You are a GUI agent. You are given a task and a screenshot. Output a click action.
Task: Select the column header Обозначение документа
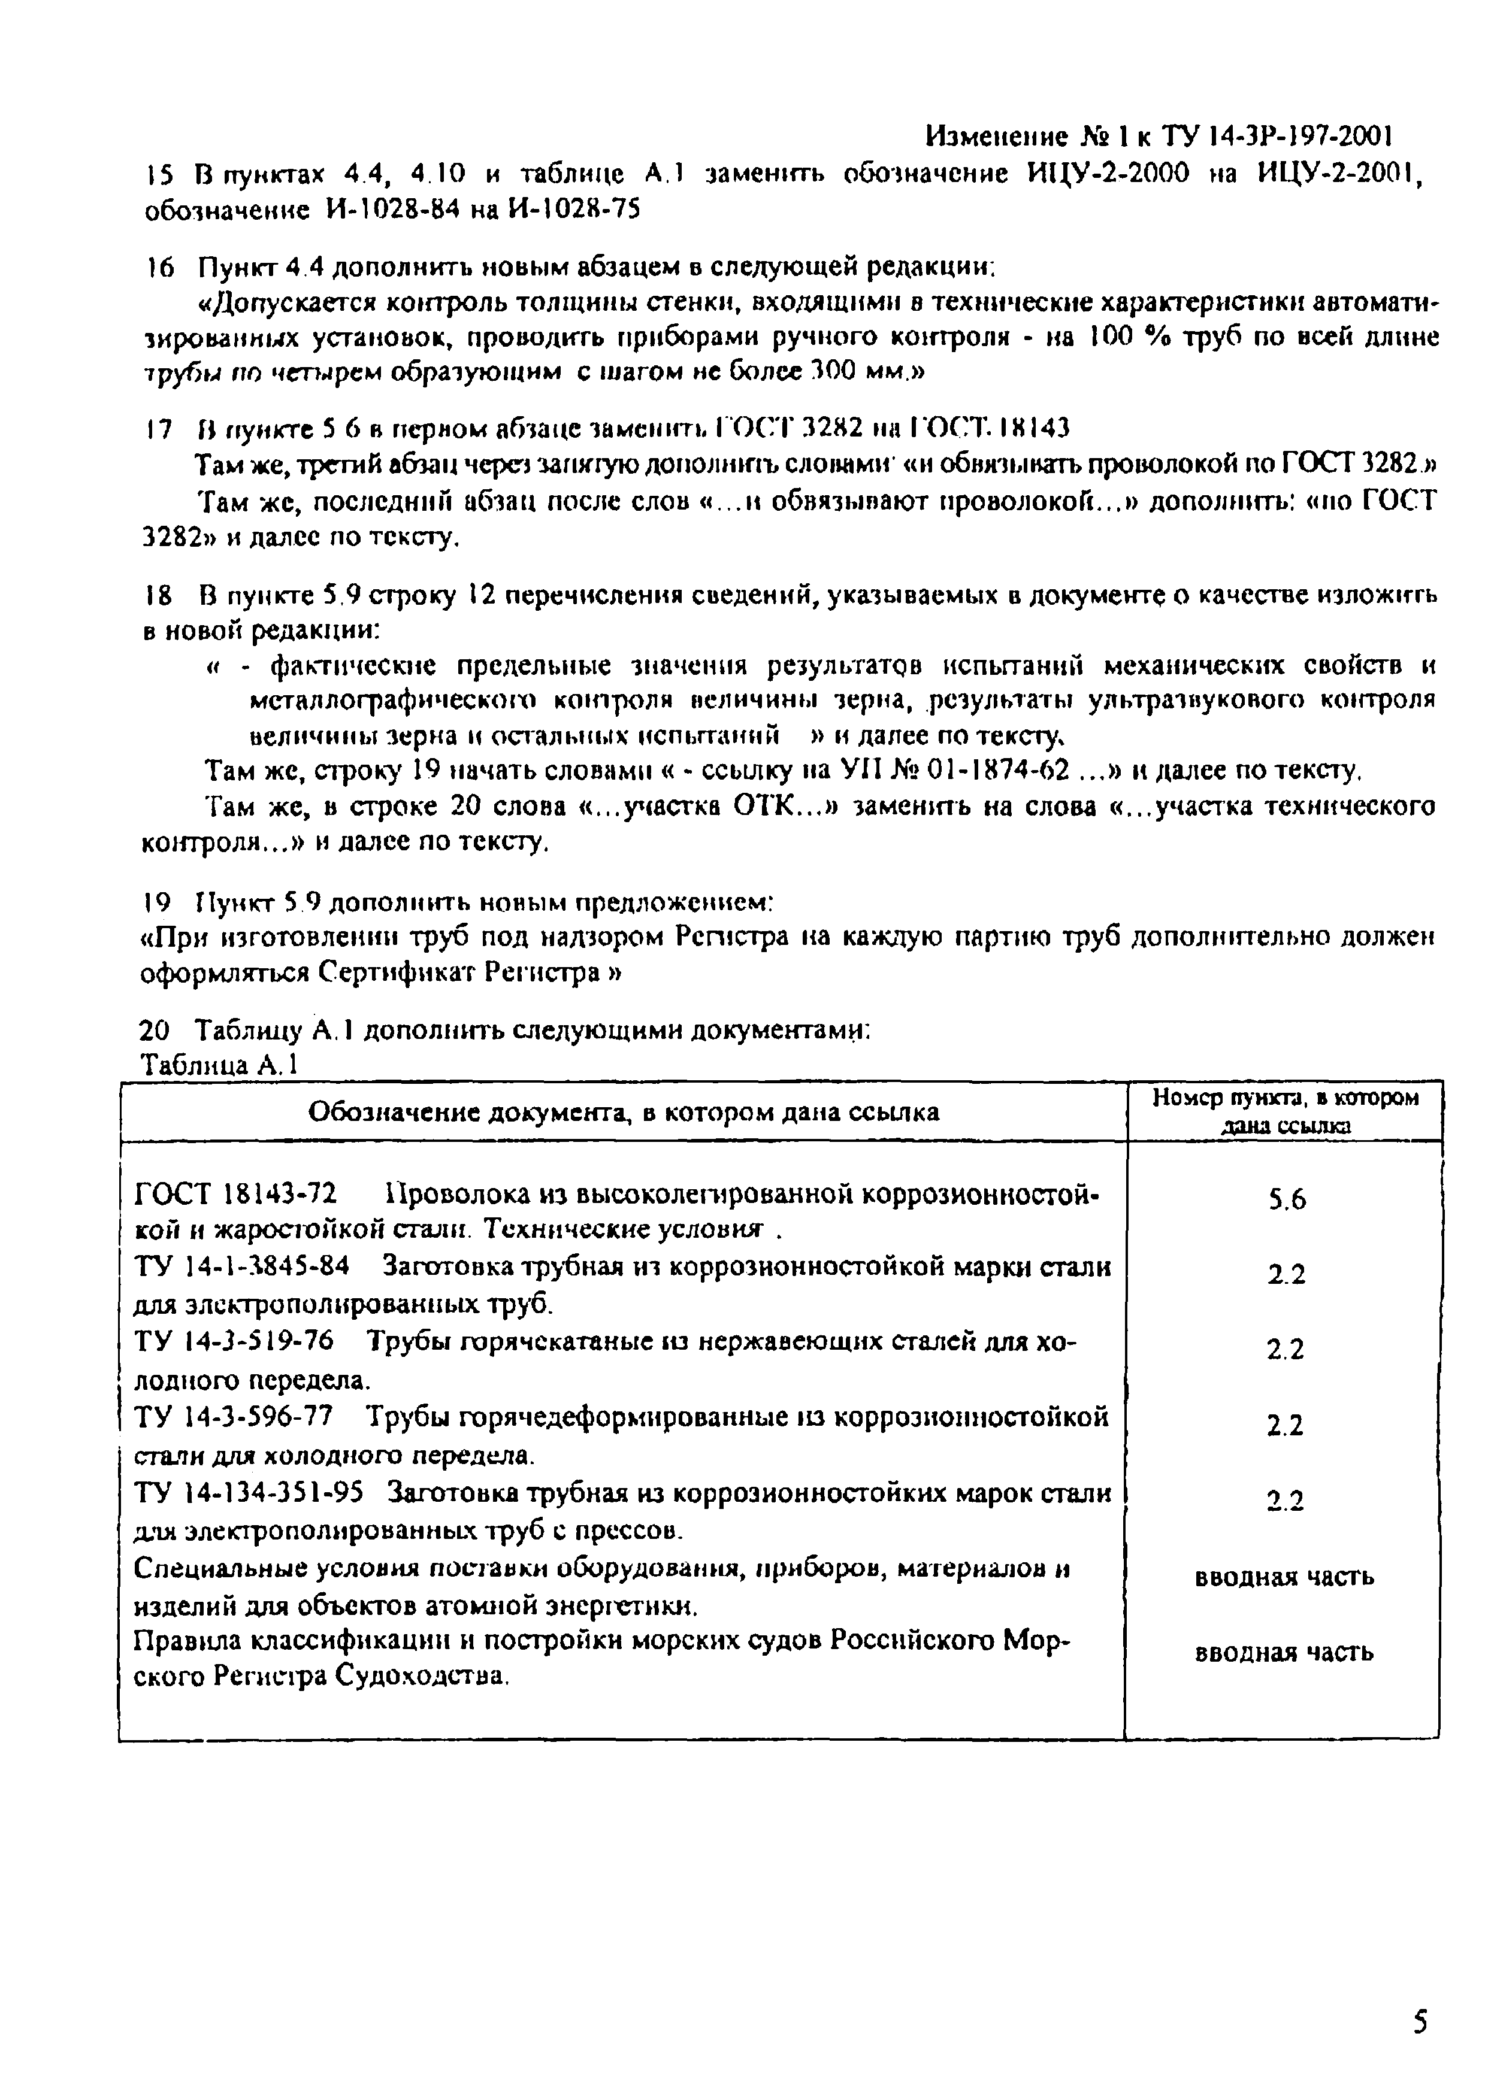[623, 1112]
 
